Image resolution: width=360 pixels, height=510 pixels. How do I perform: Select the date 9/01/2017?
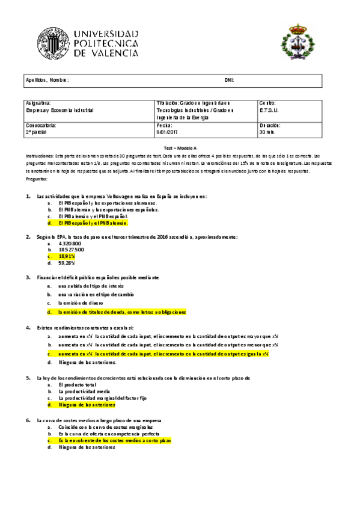[x=166, y=132]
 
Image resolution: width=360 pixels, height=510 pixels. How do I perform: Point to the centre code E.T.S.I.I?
[x=269, y=110]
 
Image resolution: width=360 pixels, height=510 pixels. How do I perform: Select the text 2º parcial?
[x=35, y=132]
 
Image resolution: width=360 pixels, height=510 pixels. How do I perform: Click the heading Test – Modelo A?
[x=180, y=148]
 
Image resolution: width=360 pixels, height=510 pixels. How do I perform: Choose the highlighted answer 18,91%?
[x=67, y=256]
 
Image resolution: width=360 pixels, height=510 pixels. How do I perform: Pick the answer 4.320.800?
[x=70, y=243]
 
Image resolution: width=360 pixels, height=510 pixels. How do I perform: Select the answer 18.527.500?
[x=72, y=249]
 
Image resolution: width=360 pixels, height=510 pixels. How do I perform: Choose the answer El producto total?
[x=78, y=384]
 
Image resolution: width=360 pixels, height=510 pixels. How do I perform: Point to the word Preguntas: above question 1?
[x=37, y=179]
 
